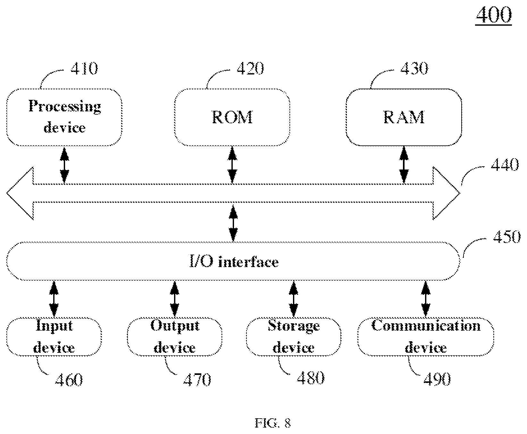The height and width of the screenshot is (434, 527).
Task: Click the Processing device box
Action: pyautogui.click(x=64, y=117)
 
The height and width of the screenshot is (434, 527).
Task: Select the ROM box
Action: pyautogui.click(x=232, y=117)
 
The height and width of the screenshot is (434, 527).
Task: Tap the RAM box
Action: pyautogui.click(x=404, y=117)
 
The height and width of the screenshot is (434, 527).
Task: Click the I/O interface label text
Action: pyautogui.click(x=233, y=262)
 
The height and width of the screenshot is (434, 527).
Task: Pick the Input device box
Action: pyautogui.click(x=54, y=336)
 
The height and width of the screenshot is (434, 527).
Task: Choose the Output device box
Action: pyautogui.click(x=175, y=336)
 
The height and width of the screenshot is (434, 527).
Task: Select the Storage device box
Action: pyautogui.click(x=293, y=336)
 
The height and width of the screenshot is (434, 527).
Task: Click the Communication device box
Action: pyautogui.click(x=426, y=336)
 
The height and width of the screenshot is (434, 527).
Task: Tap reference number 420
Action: pyautogui.click(x=250, y=68)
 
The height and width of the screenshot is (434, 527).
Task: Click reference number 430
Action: pyautogui.click(x=414, y=68)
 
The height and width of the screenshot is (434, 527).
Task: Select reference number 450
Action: pyautogui.click(x=506, y=238)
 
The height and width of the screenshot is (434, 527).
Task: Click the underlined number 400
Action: pyautogui.click(x=494, y=15)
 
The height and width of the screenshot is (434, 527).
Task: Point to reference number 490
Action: pyautogui.click(x=437, y=379)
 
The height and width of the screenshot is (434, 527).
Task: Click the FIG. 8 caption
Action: pyautogui.click(x=273, y=423)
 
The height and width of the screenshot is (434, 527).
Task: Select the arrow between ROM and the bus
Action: pyautogui.click(x=233, y=165)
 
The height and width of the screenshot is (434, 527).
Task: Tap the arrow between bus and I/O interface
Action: pyautogui.click(x=233, y=224)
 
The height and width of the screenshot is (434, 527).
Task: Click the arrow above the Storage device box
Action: pyautogui.click(x=293, y=299)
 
